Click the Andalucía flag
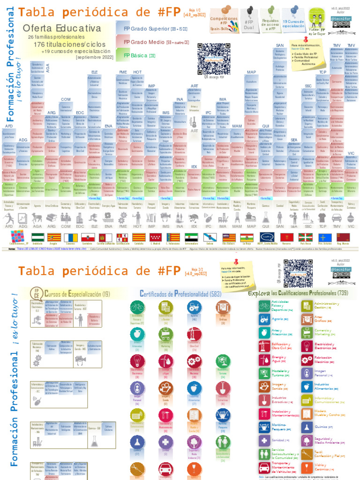[x=38, y=238]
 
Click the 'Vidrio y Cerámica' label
[x=324, y=466]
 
